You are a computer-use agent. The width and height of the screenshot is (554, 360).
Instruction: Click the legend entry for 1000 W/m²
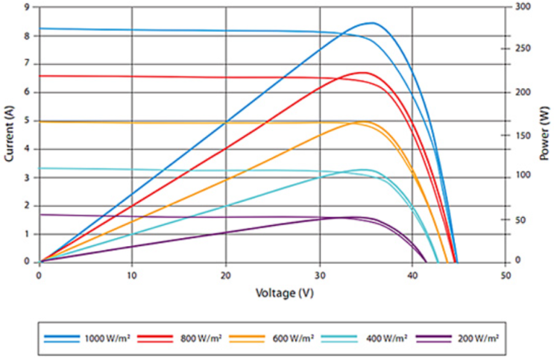(x=110, y=338)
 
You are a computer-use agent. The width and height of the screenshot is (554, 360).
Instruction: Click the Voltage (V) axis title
(x=273, y=293)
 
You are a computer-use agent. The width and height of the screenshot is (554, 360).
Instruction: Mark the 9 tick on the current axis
(x=28, y=7)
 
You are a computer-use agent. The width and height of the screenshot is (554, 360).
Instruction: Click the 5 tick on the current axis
(x=28, y=120)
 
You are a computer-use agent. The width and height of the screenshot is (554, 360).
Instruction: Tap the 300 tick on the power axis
(x=522, y=7)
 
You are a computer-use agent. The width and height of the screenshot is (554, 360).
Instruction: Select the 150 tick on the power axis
(x=522, y=135)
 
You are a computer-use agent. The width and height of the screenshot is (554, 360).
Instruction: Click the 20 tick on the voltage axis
(x=226, y=274)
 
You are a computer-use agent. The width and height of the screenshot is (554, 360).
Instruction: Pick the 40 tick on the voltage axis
(x=412, y=274)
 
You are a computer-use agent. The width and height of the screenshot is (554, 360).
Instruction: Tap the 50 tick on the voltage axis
(x=506, y=274)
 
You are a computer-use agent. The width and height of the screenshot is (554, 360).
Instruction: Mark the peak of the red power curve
(x=363, y=72)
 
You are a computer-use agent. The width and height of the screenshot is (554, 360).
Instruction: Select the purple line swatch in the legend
(x=436, y=338)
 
